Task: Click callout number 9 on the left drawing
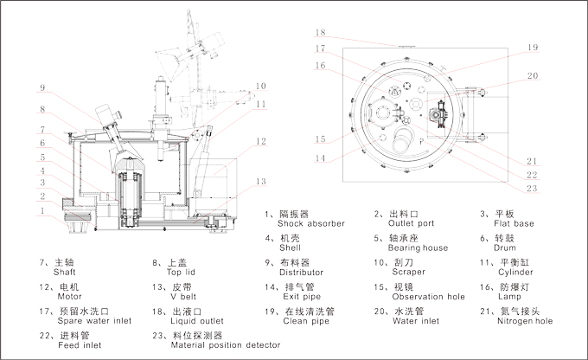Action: (41, 87)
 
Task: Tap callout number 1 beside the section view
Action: (41, 210)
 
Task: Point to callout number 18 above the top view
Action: (321, 31)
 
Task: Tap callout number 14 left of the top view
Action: (321, 157)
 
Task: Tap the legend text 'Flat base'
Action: (514, 223)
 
